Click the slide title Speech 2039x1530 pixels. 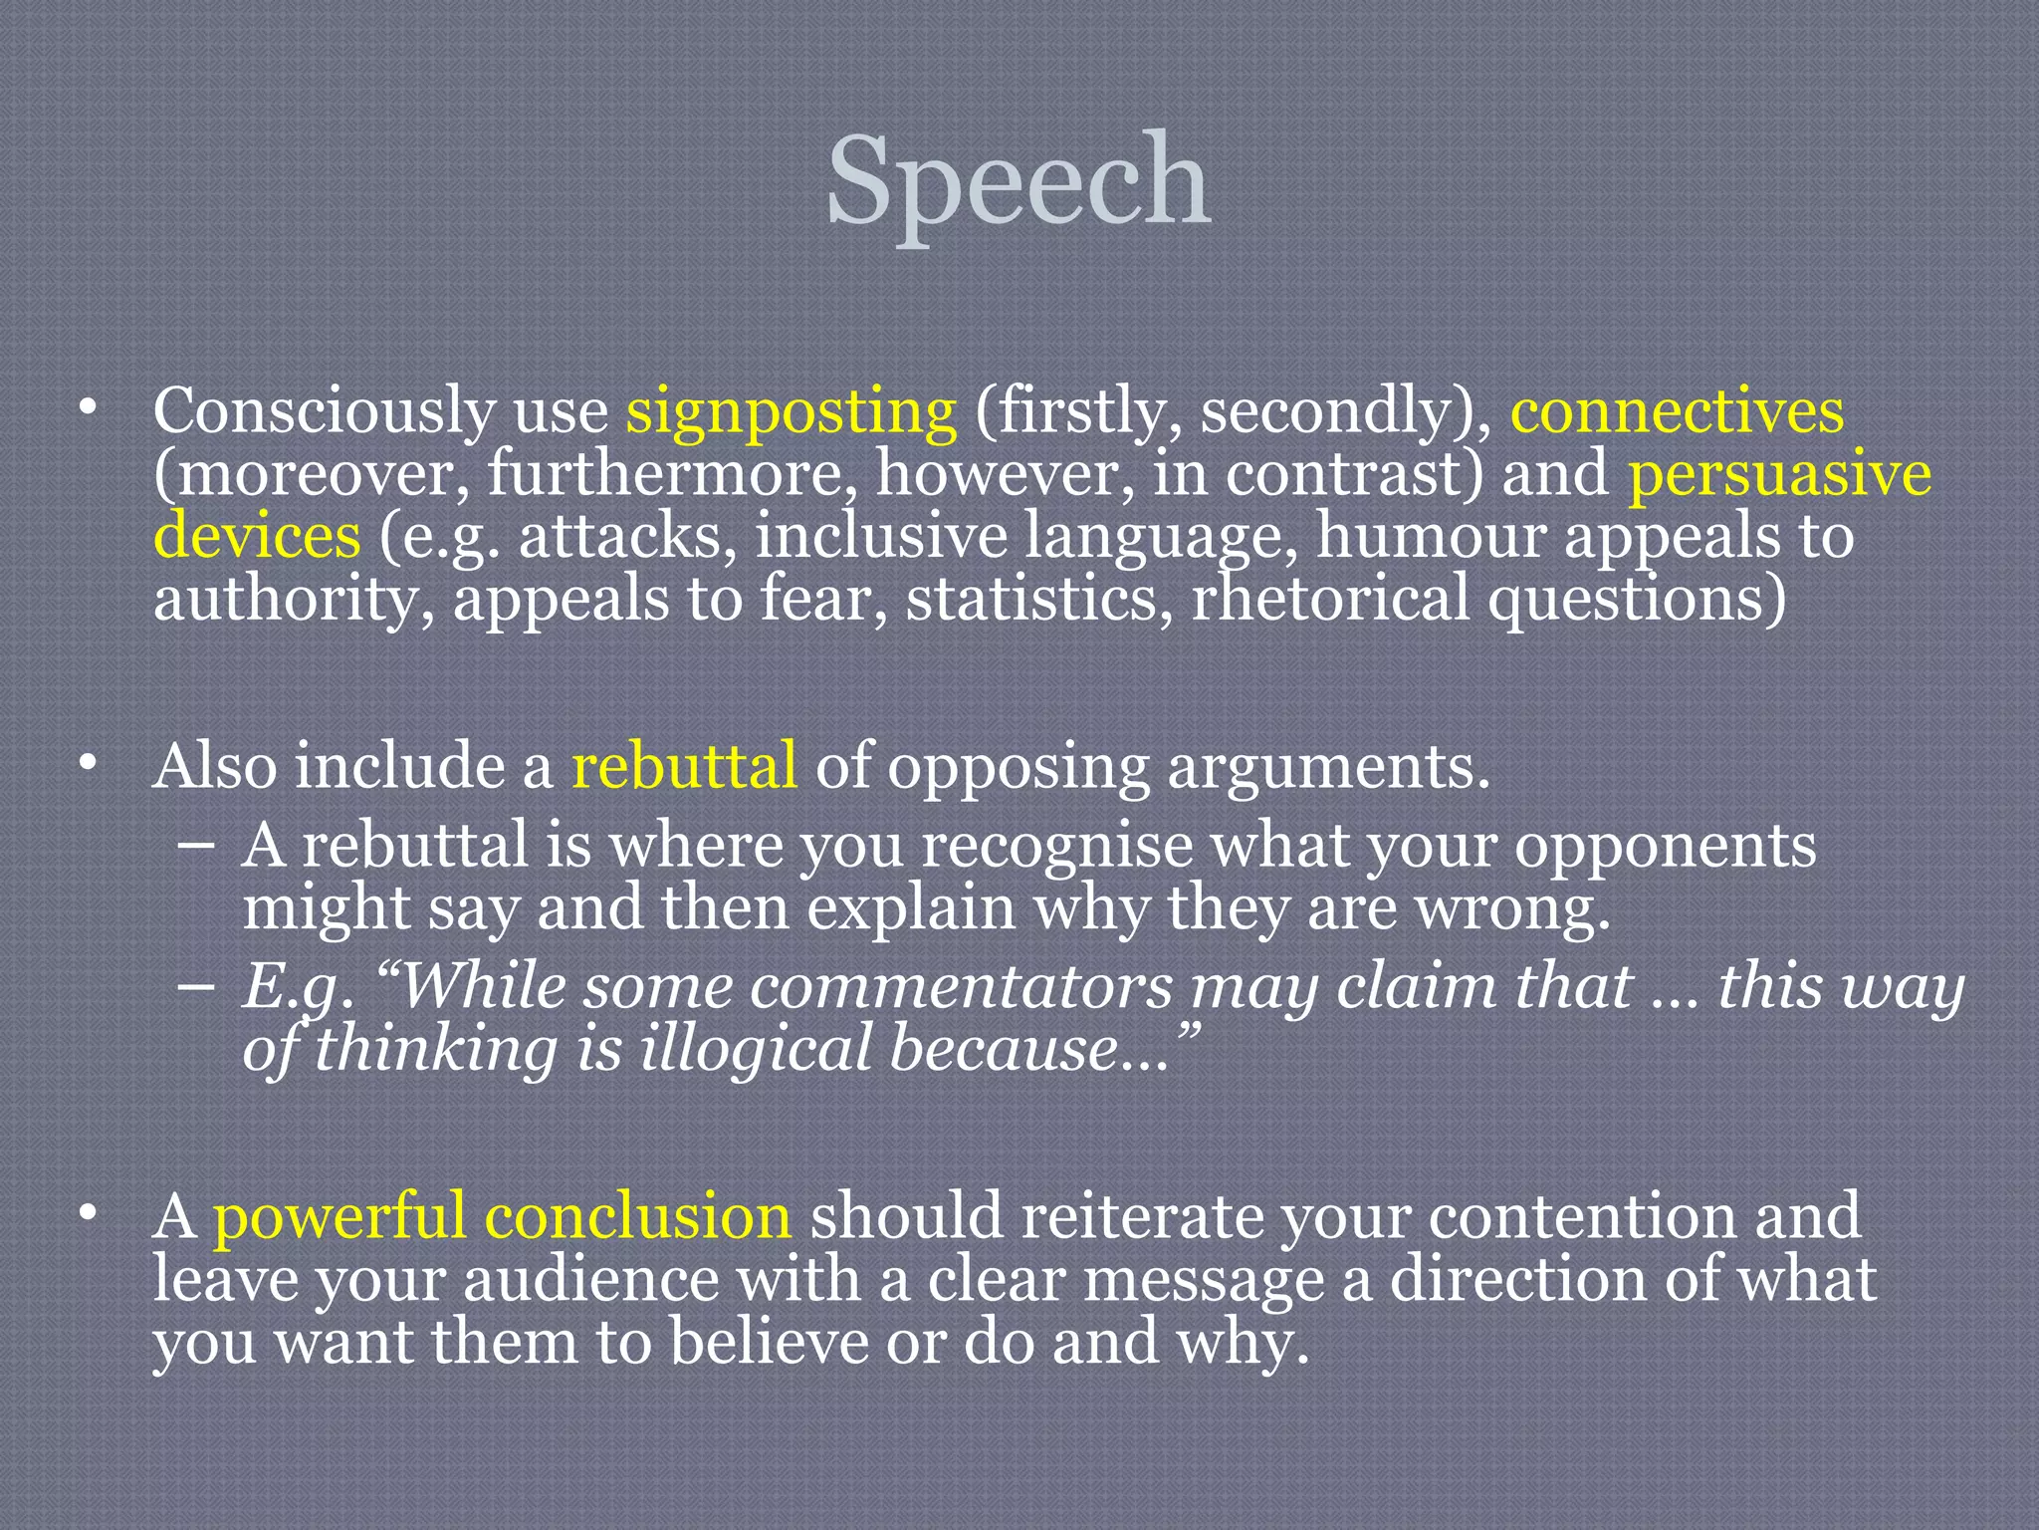pyautogui.click(x=1019, y=181)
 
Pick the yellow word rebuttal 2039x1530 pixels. pyautogui.click(x=684, y=766)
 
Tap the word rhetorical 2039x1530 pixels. pyautogui.click(x=1330, y=599)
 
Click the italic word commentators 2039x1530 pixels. pyautogui.click(x=961, y=987)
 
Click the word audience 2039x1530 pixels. pyautogui.click(x=589, y=1279)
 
